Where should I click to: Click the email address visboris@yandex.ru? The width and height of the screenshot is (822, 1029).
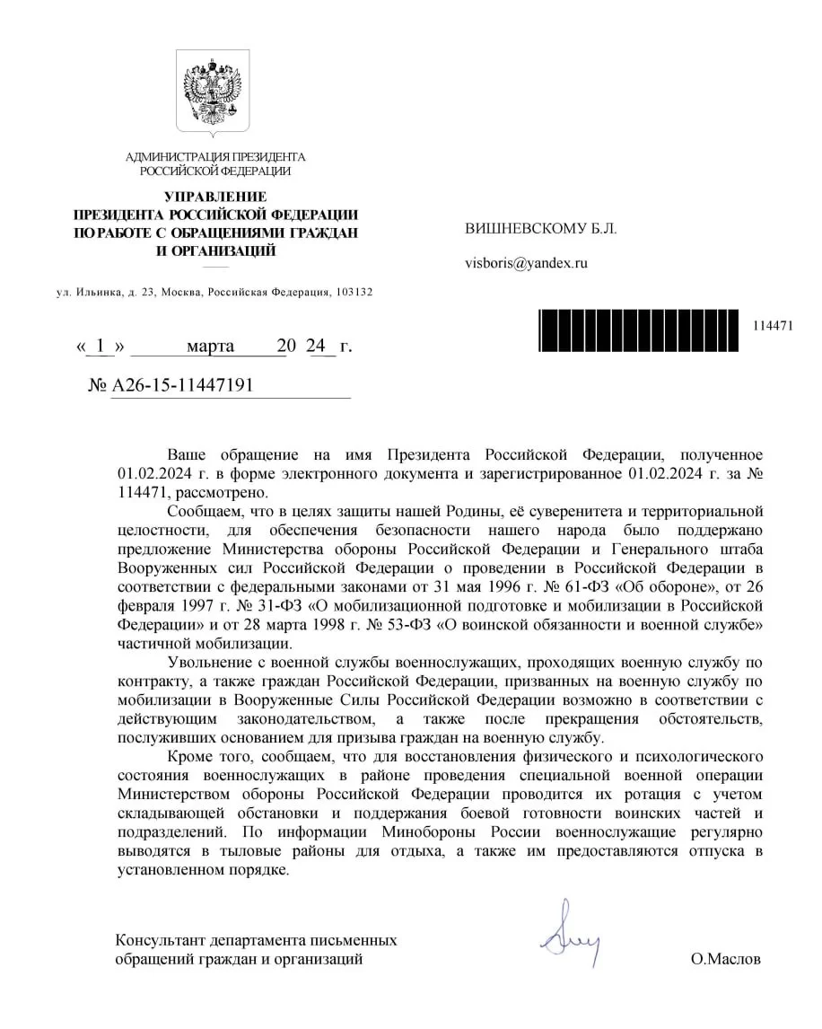[x=525, y=263]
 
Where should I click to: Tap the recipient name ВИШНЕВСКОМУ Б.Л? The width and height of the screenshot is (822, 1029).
[x=541, y=228]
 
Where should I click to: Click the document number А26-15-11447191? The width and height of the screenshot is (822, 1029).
[x=182, y=385]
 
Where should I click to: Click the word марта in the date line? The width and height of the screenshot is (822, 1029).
[x=210, y=346]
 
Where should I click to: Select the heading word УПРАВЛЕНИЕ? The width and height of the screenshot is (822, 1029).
[x=215, y=197]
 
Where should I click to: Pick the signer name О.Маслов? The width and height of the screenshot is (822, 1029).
[x=725, y=959]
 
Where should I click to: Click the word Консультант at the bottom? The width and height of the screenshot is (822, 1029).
[x=159, y=940]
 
